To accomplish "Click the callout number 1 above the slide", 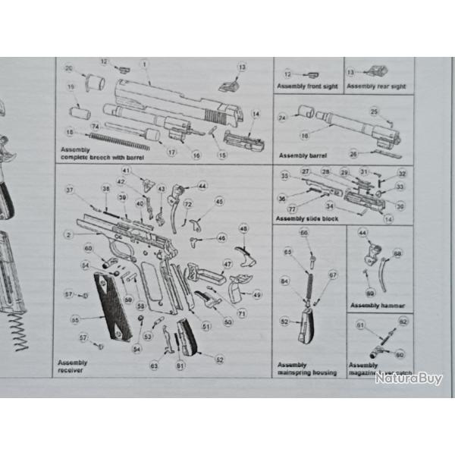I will [x=144, y=64].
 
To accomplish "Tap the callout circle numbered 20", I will [x=69, y=69].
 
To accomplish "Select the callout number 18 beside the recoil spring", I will [x=70, y=132].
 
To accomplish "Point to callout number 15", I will [x=221, y=155].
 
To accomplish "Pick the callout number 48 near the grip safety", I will [x=243, y=228].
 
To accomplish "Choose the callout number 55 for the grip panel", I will [x=75, y=320].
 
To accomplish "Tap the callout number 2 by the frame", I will [x=68, y=235].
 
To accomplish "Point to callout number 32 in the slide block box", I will [x=402, y=174].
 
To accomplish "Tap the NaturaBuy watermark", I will [x=408, y=378].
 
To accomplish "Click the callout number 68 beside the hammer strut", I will [x=397, y=254].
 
